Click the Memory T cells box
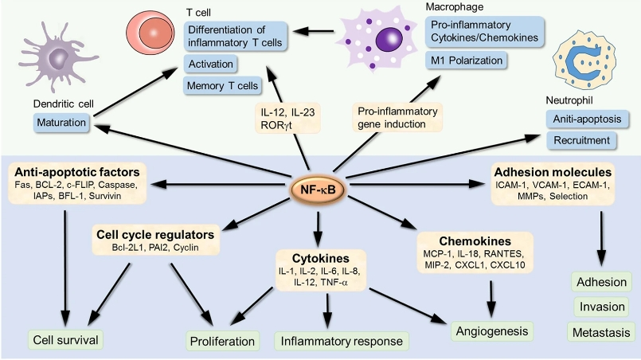click(x=222, y=85)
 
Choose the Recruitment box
click(x=583, y=140)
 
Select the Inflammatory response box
click(x=340, y=341)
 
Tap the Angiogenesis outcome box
click(x=488, y=327)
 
